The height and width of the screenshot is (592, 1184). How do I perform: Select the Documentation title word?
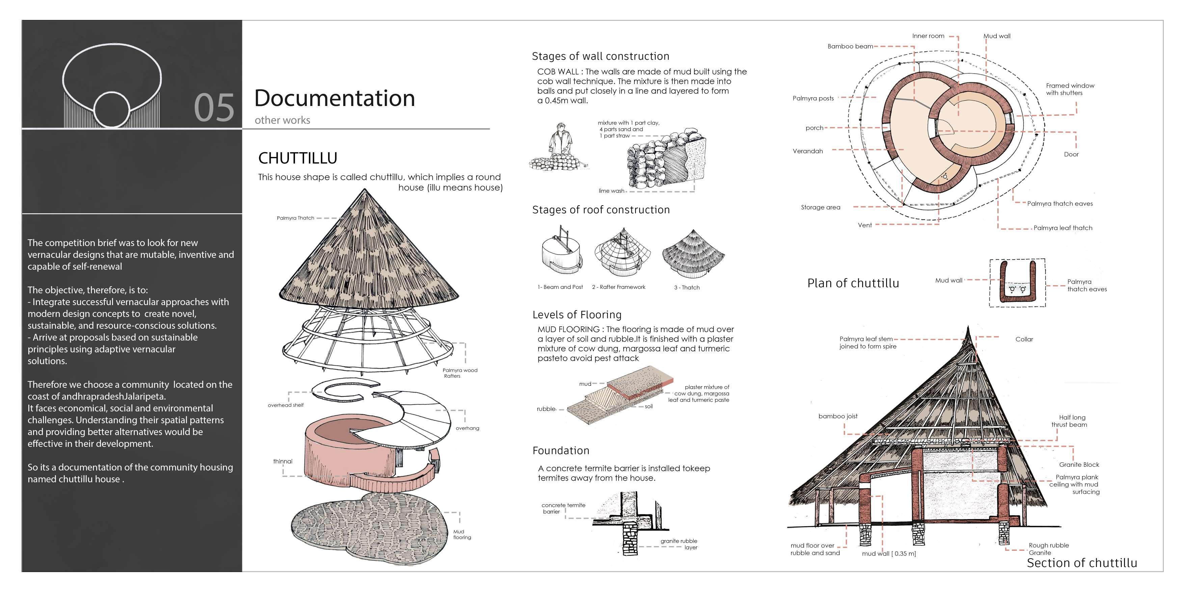pyautogui.click(x=334, y=98)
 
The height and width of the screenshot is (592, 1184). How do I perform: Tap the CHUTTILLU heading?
pyautogui.click(x=297, y=158)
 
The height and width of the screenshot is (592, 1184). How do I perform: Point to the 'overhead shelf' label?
pyautogui.click(x=286, y=405)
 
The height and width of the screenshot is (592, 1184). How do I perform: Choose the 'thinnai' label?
pyautogui.click(x=283, y=461)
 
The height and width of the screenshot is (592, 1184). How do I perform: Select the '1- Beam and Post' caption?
pyautogui.click(x=560, y=287)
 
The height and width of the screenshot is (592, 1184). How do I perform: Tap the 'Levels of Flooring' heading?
pyautogui.click(x=577, y=315)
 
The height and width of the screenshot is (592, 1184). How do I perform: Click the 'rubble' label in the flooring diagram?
pyautogui.click(x=546, y=409)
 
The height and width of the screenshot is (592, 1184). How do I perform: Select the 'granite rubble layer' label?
pyautogui.click(x=679, y=544)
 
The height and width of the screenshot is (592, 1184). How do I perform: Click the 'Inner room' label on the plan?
pyautogui.click(x=928, y=36)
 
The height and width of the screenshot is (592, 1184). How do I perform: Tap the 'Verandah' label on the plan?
pyautogui.click(x=808, y=151)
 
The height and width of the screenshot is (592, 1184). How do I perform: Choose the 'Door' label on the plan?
pyautogui.click(x=1071, y=155)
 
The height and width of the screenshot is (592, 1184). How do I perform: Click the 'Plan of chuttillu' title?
pyautogui.click(x=853, y=283)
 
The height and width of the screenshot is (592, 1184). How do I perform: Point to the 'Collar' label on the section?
pyautogui.click(x=1024, y=339)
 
